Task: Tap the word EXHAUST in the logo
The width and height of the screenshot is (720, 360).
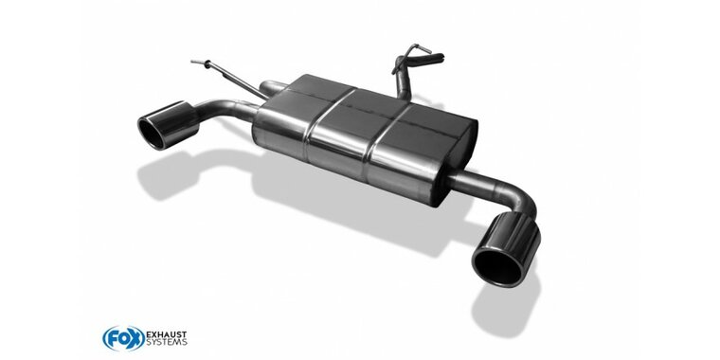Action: point(166,333)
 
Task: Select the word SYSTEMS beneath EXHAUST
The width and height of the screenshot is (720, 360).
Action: point(166,342)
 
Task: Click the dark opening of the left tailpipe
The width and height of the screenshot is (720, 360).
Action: point(151,134)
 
